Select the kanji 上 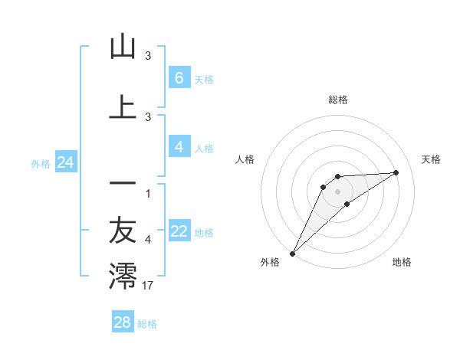click(123, 106)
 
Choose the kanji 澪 click(123, 276)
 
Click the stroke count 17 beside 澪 click(149, 286)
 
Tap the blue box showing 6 click(179, 77)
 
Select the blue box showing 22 click(179, 231)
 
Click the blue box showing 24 click(66, 162)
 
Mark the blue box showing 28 click(122, 322)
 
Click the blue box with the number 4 click(179, 147)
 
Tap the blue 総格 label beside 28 click(147, 324)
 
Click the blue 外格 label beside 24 click(41, 163)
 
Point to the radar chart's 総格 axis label click(337, 100)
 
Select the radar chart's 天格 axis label click(431, 159)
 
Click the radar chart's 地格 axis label click(402, 262)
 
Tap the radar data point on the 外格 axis click(292, 253)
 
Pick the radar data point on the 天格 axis click(396, 172)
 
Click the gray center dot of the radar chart click(337, 191)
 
